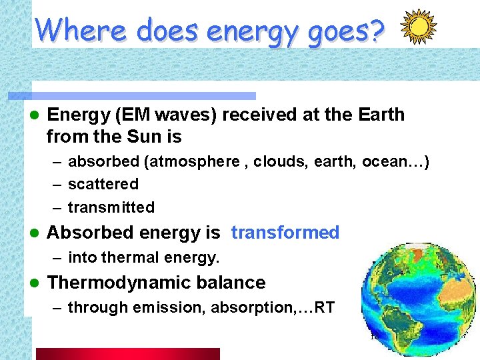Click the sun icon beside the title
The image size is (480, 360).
click(418, 28)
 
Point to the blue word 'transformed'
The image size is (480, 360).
click(285, 233)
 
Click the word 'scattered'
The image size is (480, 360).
click(103, 184)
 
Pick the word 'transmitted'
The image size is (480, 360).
click(111, 207)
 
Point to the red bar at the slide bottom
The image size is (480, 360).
click(127, 353)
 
